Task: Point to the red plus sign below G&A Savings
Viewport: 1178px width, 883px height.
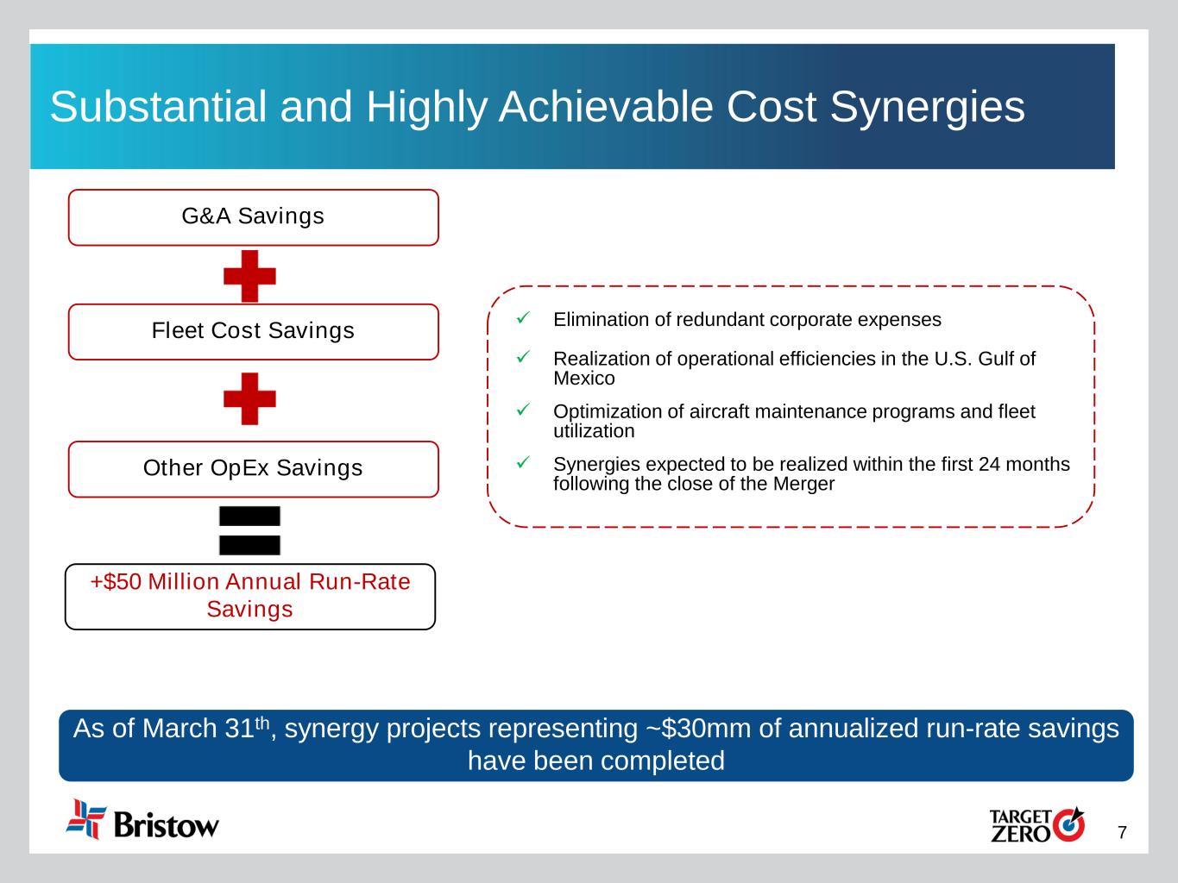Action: click(x=249, y=276)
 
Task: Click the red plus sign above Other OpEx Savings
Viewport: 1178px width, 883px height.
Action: click(x=249, y=398)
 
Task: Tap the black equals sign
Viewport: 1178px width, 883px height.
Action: click(x=249, y=530)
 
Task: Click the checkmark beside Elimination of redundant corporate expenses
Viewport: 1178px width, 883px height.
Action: click(x=523, y=318)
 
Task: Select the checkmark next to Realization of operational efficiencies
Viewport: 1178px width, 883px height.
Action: click(x=523, y=356)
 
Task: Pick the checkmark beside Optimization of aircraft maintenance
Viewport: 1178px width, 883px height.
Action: click(x=523, y=410)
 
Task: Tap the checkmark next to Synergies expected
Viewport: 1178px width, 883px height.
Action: click(x=523, y=462)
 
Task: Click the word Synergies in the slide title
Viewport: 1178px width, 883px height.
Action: click(x=928, y=107)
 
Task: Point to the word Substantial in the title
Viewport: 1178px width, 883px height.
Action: click(x=158, y=106)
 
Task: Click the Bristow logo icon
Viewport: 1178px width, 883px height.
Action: click(x=85, y=819)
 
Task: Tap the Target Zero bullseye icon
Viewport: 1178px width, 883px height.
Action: click(x=1068, y=824)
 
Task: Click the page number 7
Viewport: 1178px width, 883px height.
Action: click(x=1122, y=832)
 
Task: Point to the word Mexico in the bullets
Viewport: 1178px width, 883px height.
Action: click(x=584, y=379)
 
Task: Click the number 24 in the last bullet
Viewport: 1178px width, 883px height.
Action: click(x=989, y=464)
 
